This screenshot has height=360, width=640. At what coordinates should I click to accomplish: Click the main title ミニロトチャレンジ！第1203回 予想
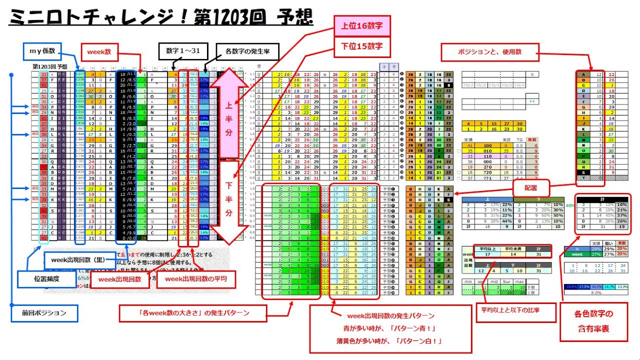click(161, 19)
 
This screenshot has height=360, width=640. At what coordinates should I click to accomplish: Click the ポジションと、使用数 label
click(489, 51)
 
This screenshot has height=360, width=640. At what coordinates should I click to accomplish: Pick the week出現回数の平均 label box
click(196, 279)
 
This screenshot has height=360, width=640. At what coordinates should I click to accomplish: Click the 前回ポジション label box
click(44, 313)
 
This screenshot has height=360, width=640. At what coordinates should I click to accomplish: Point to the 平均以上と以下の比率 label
click(515, 311)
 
